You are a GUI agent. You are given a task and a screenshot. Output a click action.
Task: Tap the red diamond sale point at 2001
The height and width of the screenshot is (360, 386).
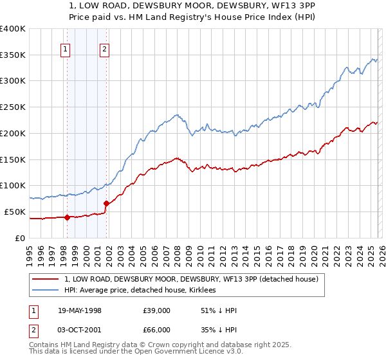tap(106, 203)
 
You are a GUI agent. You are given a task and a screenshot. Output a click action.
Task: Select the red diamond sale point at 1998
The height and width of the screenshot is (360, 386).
tap(67, 217)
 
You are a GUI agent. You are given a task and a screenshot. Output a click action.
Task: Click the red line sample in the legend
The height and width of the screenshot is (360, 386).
tap(45, 279)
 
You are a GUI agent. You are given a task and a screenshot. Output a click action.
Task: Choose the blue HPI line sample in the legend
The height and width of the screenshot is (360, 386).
tap(45, 291)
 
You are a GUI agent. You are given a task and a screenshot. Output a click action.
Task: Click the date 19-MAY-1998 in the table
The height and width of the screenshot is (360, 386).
tap(80, 310)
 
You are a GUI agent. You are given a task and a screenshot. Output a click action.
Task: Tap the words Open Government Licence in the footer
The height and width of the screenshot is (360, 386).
tap(183, 352)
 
